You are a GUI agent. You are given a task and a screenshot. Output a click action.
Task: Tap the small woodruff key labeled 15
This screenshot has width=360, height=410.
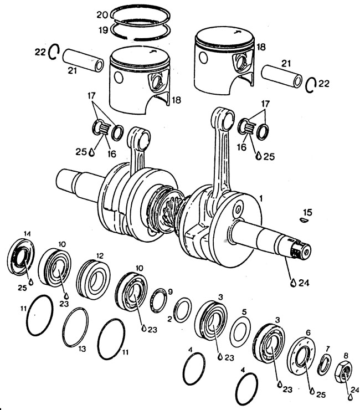[302, 219]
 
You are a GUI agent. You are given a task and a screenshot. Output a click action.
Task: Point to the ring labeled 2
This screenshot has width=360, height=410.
[182, 310]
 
